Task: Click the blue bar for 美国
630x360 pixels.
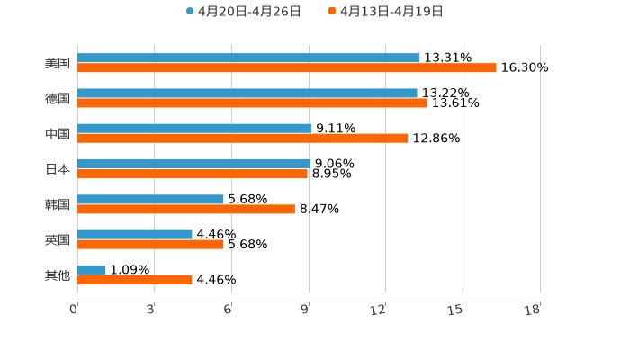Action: tap(248, 58)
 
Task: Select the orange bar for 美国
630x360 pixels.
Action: tap(286, 68)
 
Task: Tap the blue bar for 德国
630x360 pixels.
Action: tap(247, 93)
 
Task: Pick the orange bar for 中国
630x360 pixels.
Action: tap(243, 139)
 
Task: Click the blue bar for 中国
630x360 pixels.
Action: tap(194, 129)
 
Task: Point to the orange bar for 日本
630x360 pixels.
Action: tap(193, 174)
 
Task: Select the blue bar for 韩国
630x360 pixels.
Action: tap(150, 199)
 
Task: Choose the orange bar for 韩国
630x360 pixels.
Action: tap(186, 209)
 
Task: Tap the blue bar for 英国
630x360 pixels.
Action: tap(135, 234)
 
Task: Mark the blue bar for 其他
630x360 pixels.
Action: tap(92, 269)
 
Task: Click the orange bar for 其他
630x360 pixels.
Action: tap(135, 280)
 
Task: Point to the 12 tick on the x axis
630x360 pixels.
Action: tap(379, 310)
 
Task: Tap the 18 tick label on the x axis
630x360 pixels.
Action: tap(533, 310)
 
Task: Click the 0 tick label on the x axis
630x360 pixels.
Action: tap(75, 310)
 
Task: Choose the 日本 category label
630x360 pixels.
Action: tap(58, 169)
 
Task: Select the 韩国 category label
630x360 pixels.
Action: tap(58, 204)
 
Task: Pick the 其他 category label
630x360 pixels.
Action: tap(58, 274)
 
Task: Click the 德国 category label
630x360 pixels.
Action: tap(58, 98)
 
